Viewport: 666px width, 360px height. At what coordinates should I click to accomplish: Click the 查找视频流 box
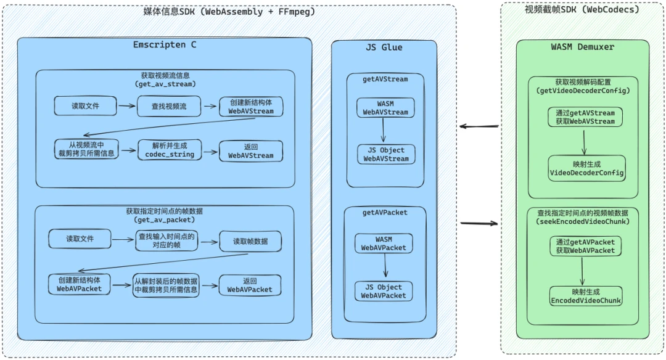168,106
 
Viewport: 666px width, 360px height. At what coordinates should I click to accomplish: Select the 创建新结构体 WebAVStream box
250,107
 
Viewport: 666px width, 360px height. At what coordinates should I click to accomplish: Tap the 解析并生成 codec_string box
169,150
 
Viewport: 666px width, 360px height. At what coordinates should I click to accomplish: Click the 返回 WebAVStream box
250,151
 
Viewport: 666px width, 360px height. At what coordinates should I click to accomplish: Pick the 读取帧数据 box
250,241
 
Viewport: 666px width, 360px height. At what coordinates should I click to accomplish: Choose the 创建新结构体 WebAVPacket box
79,284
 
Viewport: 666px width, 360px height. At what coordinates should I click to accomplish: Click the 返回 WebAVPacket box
249,285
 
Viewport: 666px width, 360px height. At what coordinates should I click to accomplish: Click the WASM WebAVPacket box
384,243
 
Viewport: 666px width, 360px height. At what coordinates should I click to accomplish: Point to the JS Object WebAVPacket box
384,291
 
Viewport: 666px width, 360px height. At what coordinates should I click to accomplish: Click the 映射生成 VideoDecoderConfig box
586,168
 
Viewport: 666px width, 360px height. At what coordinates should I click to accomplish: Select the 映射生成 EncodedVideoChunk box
586,296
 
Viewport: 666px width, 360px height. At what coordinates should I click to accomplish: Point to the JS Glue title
384,47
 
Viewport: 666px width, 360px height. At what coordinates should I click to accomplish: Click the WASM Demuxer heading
582,47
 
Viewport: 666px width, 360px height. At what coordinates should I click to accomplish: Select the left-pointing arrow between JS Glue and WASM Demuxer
479,127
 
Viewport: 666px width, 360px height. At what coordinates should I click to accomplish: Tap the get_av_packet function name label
165,219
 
